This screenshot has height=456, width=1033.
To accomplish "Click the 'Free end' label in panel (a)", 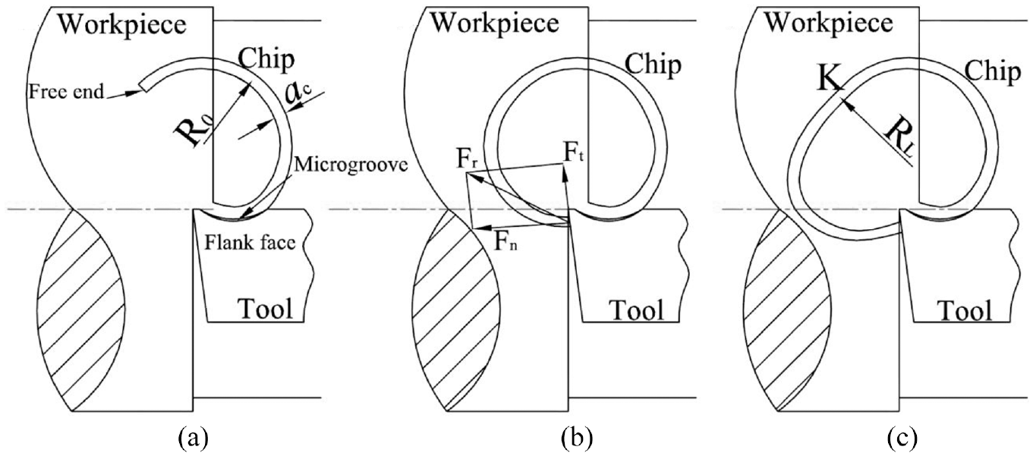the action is click(66, 92).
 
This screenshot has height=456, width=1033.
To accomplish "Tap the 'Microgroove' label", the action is click(351, 165).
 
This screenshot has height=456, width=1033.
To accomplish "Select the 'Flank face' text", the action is click(250, 242).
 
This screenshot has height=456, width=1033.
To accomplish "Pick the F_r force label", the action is click(469, 159).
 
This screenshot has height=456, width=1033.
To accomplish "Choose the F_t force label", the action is click(574, 152).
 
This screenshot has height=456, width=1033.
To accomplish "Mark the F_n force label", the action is click(505, 241).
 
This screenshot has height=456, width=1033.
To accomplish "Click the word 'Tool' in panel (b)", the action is click(637, 310).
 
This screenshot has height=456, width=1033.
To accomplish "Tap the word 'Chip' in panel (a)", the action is click(266, 60).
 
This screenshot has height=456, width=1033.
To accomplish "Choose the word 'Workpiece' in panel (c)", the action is click(829, 23).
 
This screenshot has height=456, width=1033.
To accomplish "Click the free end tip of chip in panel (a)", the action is click(143, 86).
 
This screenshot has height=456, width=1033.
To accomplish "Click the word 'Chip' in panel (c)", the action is click(993, 72).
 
